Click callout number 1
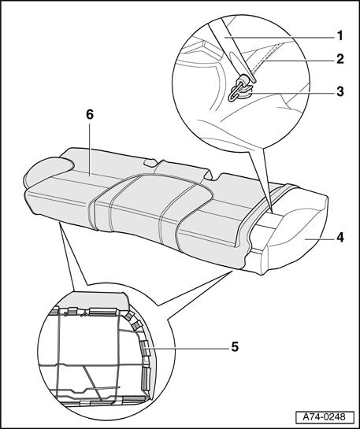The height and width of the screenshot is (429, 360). (x=340, y=36)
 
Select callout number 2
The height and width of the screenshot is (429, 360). (x=340, y=59)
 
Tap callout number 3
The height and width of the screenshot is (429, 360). (x=340, y=91)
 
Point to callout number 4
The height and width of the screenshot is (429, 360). (x=340, y=237)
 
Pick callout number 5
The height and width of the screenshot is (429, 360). (x=235, y=346)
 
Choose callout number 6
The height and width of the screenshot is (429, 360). (x=90, y=114)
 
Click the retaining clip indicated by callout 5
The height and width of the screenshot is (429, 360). (x=144, y=348)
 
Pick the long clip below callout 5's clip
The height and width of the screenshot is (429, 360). (x=146, y=378)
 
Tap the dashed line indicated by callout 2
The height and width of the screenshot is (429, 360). (x=263, y=59)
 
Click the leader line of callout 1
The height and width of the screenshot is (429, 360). (x=279, y=38)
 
